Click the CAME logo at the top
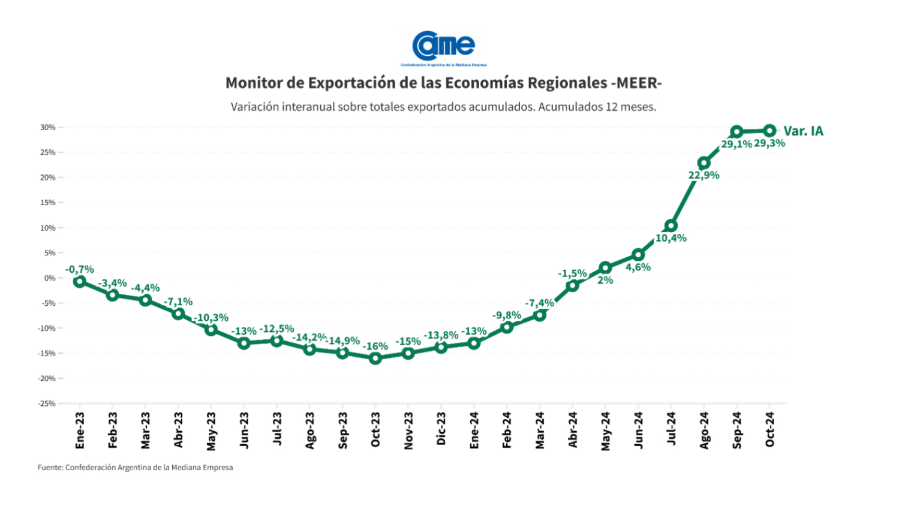coord(444,47)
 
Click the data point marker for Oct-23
coord(375,358)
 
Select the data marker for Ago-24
coord(704,163)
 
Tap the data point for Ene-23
coord(80,282)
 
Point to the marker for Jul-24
coord(671,226)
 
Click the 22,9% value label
coord(704,176)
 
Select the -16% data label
coord(375,347)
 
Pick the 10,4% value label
coord(671,238)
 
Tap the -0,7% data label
coord(80,270)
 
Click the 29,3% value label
coord(769,144)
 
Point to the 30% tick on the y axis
coord(48,127)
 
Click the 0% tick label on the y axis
coord(49,278)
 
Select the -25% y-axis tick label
coord(47,403)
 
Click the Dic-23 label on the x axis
coord(441,429)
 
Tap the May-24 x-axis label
coord(606,431)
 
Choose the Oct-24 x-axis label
coord(770,430)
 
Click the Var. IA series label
coord(804,131)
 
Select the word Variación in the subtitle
coord(255,107)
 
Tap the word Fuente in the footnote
coord(50,468)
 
